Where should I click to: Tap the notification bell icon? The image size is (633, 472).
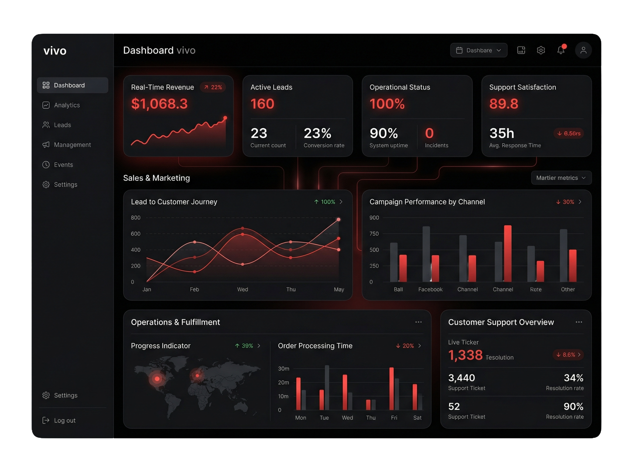(561, 50)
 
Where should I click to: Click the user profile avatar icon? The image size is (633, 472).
(583, 50)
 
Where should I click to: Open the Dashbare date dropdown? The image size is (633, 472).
(478, 50)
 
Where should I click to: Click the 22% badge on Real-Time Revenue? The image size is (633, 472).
(213, 87)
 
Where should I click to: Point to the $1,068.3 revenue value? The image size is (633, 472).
(159, 104)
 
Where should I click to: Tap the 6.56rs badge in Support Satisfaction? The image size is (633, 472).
(568, 134)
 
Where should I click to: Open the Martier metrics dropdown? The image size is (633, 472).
(561, 178)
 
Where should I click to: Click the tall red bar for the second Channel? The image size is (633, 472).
(508, 253)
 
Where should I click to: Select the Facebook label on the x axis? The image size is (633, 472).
(430, 289)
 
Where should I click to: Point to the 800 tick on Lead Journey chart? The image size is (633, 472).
(136, 218)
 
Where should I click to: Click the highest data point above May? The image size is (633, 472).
(338, 219)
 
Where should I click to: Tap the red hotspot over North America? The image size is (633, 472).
(157, 379)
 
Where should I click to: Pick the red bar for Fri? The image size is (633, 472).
(391, 389)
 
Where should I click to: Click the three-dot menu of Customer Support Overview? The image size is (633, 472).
(579, 322)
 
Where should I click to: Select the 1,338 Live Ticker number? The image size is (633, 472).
(465, 355)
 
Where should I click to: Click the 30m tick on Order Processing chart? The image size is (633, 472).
(284, 368)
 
